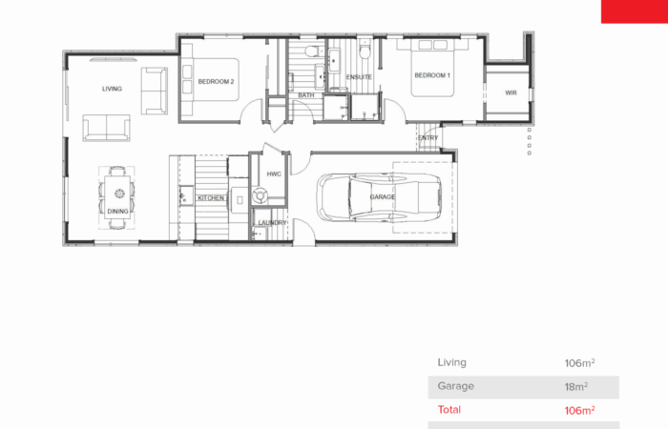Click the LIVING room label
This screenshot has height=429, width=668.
pyautogui.click(x=112, y=89)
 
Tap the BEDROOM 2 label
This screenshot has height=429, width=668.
pyautogui.click(x=216, y=82)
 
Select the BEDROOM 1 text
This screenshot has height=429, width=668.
pyautogui.click(x=432, y=75)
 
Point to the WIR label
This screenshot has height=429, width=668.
pyautogui.click(x=511, y=92)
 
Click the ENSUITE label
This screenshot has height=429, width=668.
pyautogui.click(x=359, y=77)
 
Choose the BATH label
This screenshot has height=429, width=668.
pyautogui.click(x=306, y=95)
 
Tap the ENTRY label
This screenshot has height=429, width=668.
pyautogui.click(x=428, y=138)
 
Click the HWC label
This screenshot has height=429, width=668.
pyautogui.click(x=274, y=174)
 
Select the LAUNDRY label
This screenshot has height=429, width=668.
pyautogui.click(x=272, y=222)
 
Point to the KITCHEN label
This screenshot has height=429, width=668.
pyautogui.click(x=211, y=198)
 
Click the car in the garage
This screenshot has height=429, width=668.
pyautogui.click(x=379, y=197)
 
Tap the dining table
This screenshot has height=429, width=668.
pyautogui.click(x=117, y=197)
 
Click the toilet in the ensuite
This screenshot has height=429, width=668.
pyautogui.click(x=365, y=50)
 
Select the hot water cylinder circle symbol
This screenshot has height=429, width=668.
pyautogui.click(x=260, y=195)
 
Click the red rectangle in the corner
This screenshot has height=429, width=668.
pyautogui.click(x=635, y=11)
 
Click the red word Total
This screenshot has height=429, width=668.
pyautogui.click(x=449, y=409)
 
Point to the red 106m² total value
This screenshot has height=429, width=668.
pyautogui.click(x=579, y=410)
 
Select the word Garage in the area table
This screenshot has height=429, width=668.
pyautogui.click(x=455, y=386)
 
